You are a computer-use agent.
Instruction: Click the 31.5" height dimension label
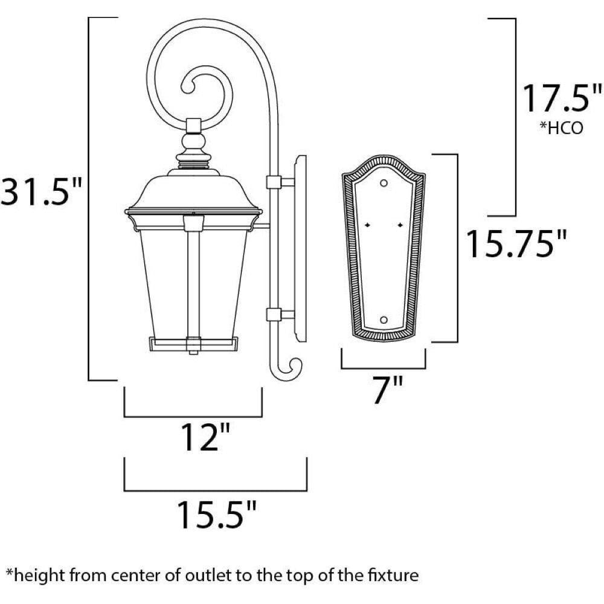pos(41,191)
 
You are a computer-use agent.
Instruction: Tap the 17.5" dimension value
pos(562,98)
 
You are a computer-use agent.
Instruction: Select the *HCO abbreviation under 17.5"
pos(561,127)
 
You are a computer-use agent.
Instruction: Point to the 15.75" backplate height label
pos(516,243)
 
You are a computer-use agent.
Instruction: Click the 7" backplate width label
pos(388,390)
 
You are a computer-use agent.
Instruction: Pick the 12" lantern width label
pos(206,437)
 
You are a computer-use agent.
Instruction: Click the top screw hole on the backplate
pos(384,183)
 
